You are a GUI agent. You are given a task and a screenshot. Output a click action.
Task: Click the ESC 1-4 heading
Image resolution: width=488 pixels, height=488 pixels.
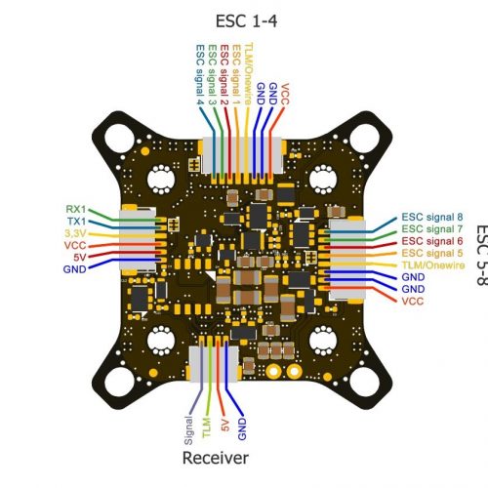(247, 21)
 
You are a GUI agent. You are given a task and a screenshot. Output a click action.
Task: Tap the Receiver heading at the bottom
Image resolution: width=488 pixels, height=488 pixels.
(216, 458)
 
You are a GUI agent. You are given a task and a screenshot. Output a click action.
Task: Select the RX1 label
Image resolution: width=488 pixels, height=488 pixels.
(76, 209)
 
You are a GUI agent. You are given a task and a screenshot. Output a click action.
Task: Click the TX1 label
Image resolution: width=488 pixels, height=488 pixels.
(76, 222)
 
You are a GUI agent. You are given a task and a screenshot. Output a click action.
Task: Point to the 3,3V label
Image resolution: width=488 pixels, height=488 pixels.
(75, 233)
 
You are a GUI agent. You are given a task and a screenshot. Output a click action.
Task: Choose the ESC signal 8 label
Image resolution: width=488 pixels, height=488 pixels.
(432, 217)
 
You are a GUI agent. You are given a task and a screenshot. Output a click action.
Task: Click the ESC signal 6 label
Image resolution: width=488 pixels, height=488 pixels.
(432, 241)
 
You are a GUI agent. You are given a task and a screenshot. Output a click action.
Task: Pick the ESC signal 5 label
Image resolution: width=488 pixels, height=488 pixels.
(432, 253)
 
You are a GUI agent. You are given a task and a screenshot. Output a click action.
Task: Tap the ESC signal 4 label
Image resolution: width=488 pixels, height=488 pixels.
(200, 74)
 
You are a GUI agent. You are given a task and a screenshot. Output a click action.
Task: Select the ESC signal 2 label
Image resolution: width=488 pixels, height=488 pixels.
(224, 74)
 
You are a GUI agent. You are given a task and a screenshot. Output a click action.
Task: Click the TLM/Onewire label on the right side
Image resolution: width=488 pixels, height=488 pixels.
(433, 265)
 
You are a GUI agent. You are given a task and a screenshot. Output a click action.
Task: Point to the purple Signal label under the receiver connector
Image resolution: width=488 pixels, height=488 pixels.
(188, 430)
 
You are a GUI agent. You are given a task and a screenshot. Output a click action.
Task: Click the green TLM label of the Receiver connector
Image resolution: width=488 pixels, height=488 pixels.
(207, 427)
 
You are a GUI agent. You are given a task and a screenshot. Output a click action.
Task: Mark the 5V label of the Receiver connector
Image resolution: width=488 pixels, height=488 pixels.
(224, 426)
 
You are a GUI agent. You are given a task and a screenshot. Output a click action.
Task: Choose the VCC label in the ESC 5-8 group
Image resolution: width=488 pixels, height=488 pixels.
(413, 302)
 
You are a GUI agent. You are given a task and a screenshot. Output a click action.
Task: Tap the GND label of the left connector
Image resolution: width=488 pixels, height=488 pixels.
(75, 269)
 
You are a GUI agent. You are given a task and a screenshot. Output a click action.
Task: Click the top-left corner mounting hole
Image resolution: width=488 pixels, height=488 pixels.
(119, 138)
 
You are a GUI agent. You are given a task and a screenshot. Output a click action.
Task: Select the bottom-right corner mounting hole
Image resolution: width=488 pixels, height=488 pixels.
(364, 383)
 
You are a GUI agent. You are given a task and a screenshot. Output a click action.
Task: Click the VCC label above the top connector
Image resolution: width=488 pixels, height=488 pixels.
(284, 95)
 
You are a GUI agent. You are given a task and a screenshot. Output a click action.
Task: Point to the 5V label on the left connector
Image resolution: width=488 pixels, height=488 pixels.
(80, 258)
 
